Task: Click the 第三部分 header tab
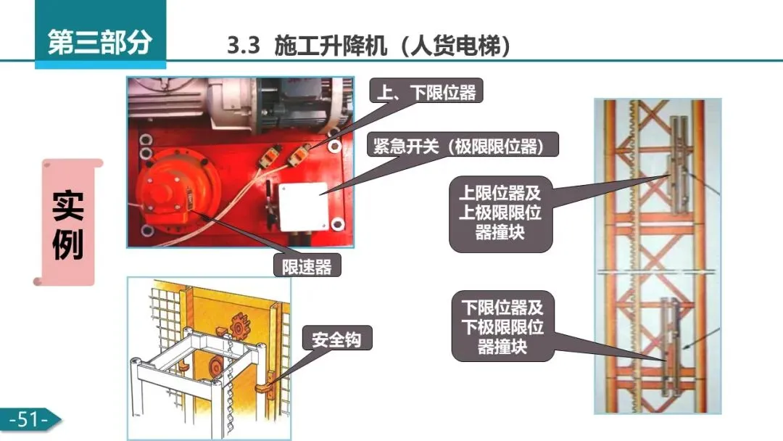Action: tap(100, 42)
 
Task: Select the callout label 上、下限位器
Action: tap(426, 91)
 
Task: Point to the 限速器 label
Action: tap(307, 266)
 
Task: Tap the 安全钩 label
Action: tap(336, 339)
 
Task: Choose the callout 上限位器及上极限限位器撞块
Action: tap(500, 213)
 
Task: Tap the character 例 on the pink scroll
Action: tap(68, 247)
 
